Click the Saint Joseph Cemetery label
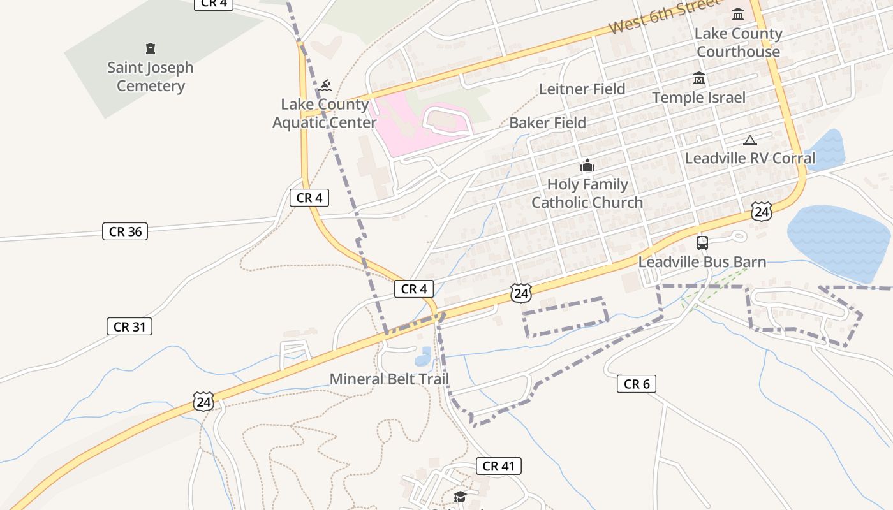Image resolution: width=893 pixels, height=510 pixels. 151,76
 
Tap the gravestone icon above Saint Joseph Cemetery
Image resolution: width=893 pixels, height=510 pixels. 151,48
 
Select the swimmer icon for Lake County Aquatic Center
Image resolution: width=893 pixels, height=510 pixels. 326,85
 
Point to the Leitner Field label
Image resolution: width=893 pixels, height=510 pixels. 582,89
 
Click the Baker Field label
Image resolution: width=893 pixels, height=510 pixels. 547,122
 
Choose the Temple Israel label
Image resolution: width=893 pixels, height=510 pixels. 698,98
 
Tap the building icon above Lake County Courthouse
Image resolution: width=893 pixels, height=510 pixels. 738,14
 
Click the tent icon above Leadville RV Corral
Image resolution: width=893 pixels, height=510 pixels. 750,140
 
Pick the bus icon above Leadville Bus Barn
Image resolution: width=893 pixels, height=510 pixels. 702,243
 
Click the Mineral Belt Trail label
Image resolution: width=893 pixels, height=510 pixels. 389,379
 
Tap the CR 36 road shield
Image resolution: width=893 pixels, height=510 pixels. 125,231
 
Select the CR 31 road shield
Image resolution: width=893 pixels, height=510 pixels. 129,327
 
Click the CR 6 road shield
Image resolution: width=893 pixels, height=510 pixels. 637,384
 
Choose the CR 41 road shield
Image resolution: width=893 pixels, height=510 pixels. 499,466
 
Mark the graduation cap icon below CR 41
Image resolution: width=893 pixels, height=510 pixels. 460,497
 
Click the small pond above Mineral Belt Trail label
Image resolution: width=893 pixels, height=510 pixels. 424,357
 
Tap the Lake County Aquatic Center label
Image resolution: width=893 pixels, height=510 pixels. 325,113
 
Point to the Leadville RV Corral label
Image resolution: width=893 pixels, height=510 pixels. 750,158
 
